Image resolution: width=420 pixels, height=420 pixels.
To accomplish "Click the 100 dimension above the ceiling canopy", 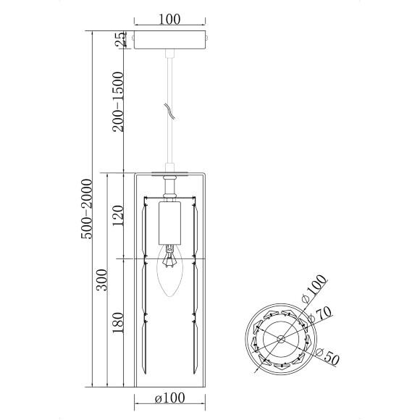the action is [x=169, y=19].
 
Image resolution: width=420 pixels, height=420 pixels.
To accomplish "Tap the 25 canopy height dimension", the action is [x=120, y=40].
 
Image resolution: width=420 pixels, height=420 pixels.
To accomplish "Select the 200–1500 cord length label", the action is [x=118, y=102].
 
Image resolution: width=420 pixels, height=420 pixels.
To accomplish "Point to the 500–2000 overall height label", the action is [x=86, y=209].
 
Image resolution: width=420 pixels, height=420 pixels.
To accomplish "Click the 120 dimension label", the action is [x=118, y=216].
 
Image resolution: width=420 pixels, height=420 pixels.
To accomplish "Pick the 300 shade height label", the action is [x=102, y=280].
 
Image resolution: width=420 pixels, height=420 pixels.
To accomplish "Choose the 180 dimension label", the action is [x=118, y=323].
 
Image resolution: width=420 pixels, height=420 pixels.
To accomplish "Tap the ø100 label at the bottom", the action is [x=170, y=398].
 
